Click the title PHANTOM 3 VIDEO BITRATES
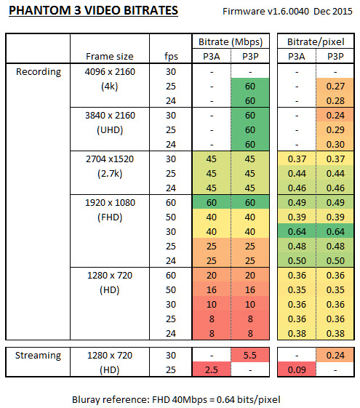[x=93, y=11]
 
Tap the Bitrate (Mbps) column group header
[x=231, y=42]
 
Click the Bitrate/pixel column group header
[x=316, y=42]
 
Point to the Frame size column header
[x=110, y=57]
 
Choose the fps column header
[x=171, y=57]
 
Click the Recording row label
[x=39, y=71]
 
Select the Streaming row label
[x=38, y=355]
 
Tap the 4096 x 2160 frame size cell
[x=110, y=71]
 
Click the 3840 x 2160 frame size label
[x=110, y=115]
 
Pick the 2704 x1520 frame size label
[x=110, y=159]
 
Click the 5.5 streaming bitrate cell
[x=250, y=355]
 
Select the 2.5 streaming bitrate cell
[x=212, y=369]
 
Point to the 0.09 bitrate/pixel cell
[x=297, y=369]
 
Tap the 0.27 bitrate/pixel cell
[x=335, y=86]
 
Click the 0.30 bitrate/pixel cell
[x=335, y=145]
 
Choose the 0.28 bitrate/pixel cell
[x=335, y=100]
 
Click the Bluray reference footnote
[x=176, y=399]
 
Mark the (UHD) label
[x=110, y=130]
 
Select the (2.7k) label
[x=110, y=174]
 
